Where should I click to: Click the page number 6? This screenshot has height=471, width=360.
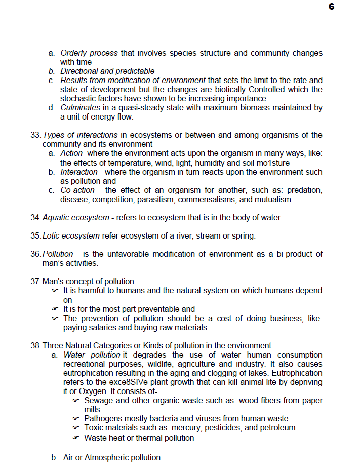331,7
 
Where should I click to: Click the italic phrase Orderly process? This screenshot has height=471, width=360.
89,53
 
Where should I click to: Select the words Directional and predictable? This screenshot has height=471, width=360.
107,71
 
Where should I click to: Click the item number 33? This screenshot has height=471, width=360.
35,135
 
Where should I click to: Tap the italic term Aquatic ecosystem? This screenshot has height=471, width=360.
76,218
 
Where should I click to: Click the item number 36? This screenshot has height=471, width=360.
35,254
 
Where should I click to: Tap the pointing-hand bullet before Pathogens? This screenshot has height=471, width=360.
76,419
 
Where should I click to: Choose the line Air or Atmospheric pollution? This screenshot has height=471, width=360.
111,458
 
